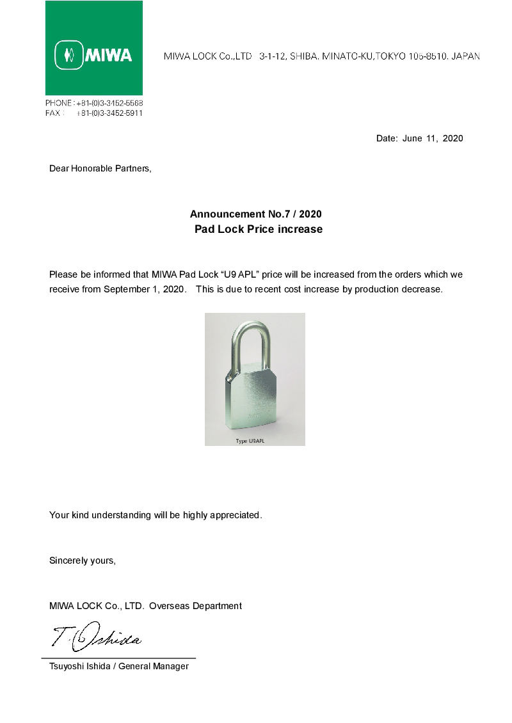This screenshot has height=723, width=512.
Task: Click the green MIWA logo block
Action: (x=94, y=48)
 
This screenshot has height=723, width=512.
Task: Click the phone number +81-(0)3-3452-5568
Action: (x=109, y=103)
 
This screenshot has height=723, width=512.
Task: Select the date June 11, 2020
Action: (x=433, y=138)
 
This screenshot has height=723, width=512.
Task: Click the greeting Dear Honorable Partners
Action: (x=100, y=169)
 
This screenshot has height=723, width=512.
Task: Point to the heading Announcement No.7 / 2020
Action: (x=256, y=214)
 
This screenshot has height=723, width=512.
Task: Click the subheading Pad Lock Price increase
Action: (x=258, y=229)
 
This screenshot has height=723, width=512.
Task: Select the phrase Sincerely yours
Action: (x=82, y=561)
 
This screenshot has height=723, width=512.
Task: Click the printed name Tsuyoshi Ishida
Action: (x=79, y=667)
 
